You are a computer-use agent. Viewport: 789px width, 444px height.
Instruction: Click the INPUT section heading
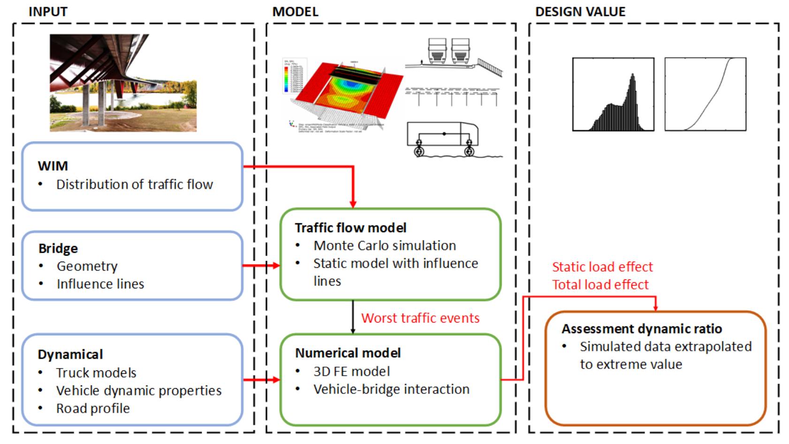point(48,12)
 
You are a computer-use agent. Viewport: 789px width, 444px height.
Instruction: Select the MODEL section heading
point(295,12)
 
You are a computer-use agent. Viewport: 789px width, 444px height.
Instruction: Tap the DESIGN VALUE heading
point(580,12)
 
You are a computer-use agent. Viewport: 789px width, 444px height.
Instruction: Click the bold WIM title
point(53,166)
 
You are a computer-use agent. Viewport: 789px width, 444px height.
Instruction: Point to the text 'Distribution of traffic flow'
point(135,185)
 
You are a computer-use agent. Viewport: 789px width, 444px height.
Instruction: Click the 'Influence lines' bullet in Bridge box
point(100,284)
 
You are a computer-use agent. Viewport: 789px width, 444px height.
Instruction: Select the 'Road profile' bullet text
point(93,408)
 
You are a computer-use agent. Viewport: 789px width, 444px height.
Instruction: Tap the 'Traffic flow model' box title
point(350,228)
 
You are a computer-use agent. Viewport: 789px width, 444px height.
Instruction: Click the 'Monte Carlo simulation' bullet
point(385,246)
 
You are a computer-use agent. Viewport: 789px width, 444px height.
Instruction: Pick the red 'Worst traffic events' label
point(420,318)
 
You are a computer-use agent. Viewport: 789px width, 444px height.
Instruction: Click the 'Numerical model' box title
point(348,353)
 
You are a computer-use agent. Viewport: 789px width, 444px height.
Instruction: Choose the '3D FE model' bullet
point(352,371)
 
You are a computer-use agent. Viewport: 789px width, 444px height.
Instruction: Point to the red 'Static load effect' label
point(602,267)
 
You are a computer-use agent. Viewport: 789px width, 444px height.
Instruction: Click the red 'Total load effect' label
point(600,285)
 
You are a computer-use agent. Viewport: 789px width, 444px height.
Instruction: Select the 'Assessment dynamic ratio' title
point(642,329)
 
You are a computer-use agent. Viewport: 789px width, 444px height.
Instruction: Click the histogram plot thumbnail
point(613,94)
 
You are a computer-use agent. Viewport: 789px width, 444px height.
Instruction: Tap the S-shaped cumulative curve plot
point(705,94)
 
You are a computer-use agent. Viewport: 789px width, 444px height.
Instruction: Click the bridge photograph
point(123,83)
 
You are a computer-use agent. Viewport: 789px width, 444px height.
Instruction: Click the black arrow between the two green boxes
point(353,317)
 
